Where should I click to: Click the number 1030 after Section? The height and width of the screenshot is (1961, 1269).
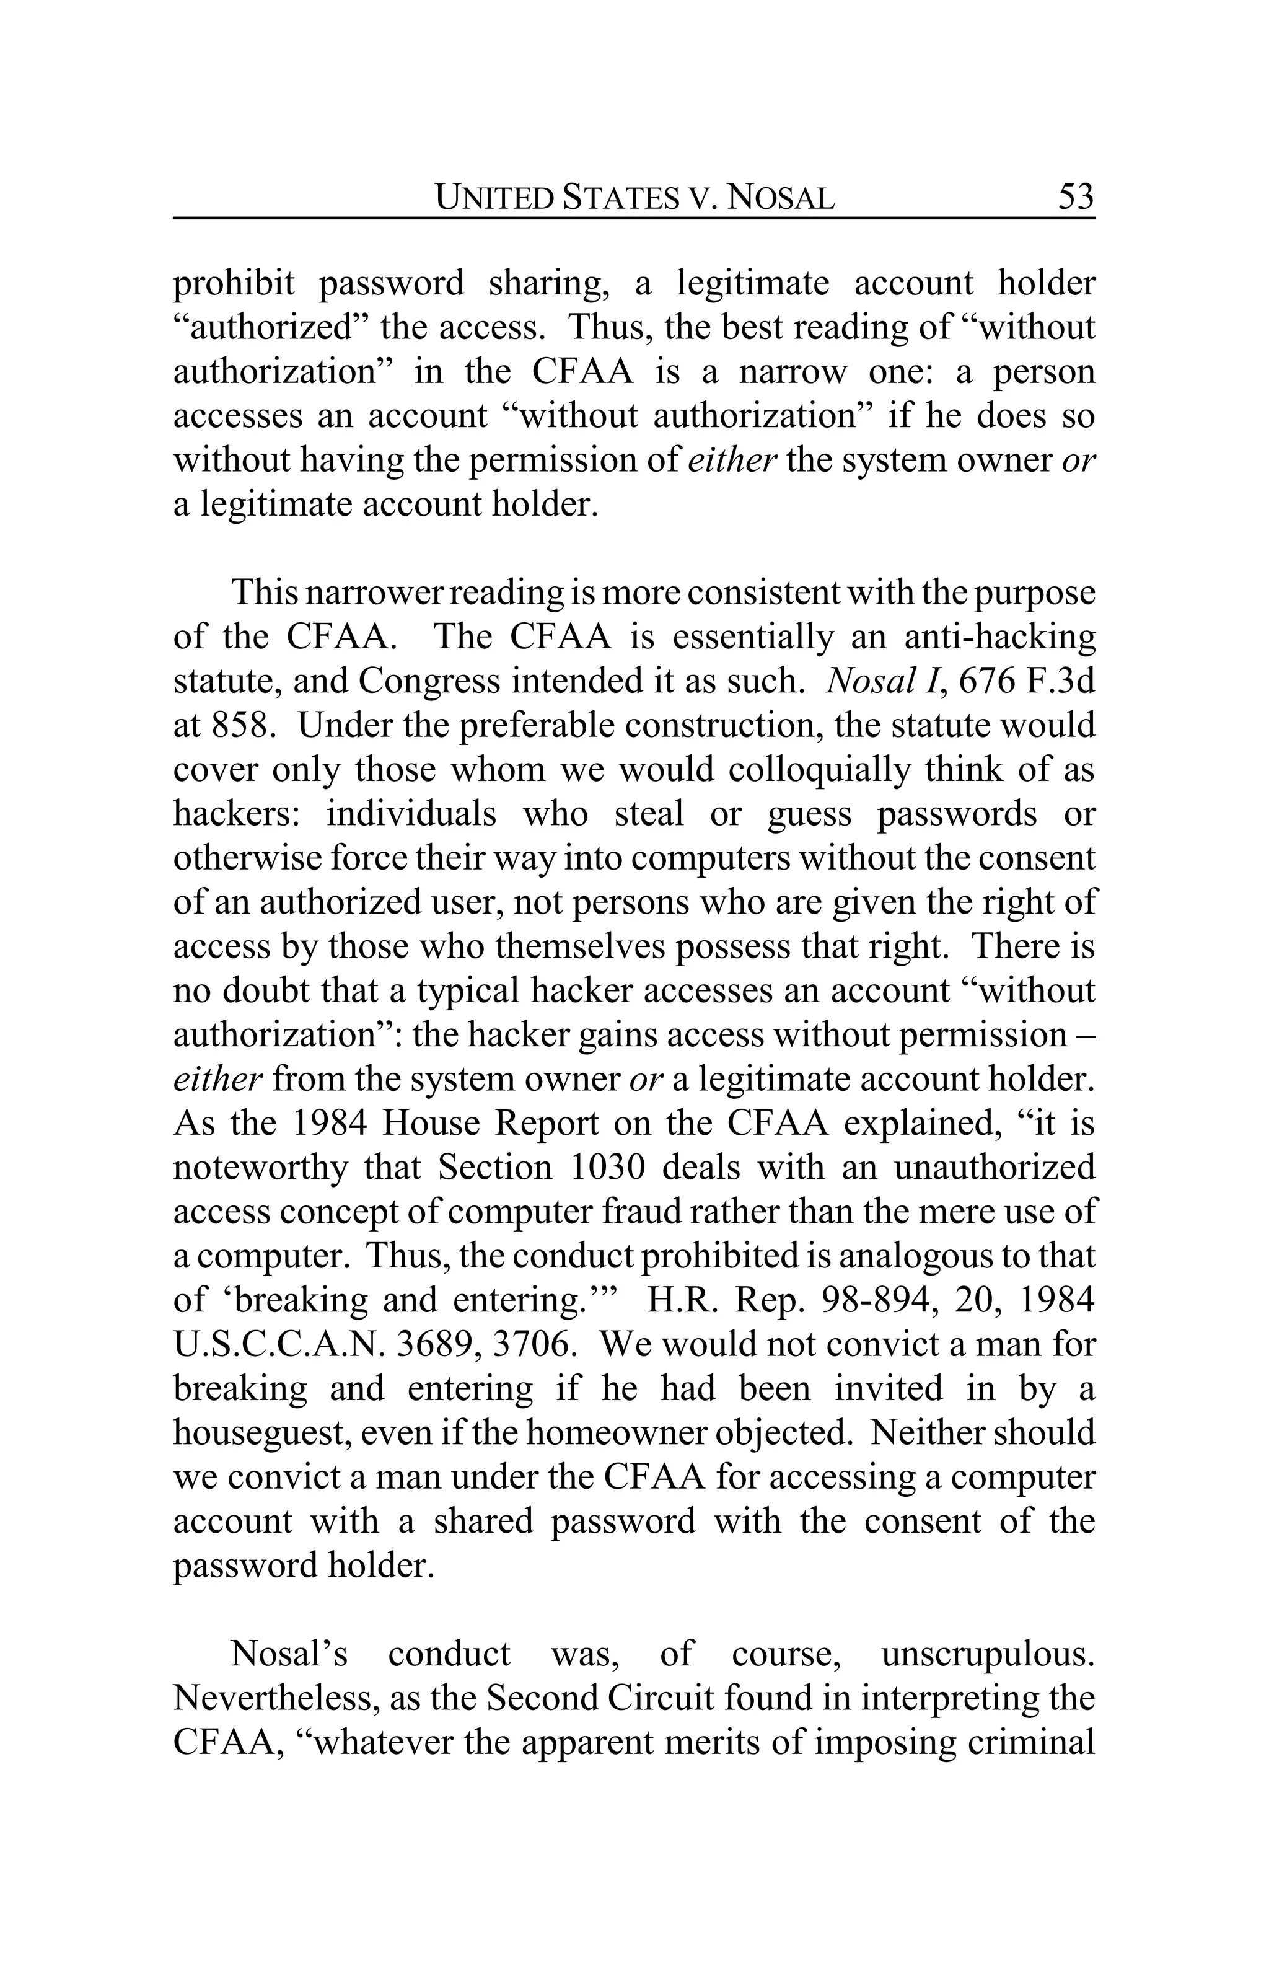click(x=606, y=1168)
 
